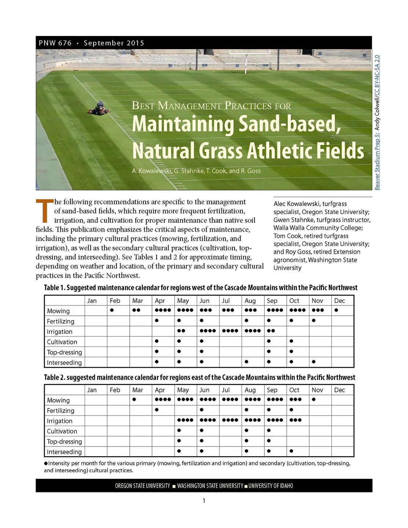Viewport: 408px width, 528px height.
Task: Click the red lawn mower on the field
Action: (98, 109)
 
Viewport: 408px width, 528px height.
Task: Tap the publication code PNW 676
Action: (55, 43)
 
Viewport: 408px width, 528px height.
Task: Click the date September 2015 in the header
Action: (114, 43)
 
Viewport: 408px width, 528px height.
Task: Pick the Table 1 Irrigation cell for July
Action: (230, 331)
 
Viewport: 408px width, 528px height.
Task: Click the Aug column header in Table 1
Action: (250, 301)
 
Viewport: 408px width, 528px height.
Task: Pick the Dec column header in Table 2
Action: (339, 390)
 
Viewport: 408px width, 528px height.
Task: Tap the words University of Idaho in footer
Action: (271, 486)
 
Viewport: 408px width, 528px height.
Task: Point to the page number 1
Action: (204, 500)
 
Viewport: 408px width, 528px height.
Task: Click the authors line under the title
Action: (196, 171)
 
